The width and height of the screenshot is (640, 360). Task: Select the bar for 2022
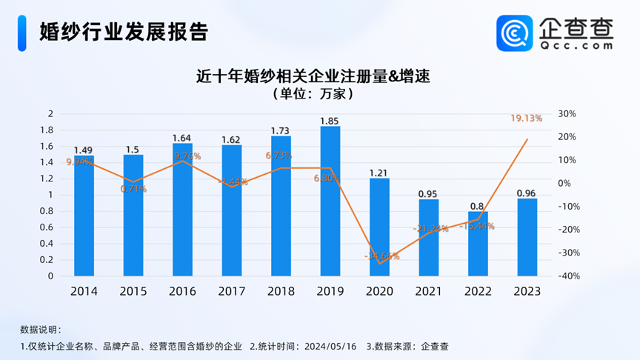click(x=478, y=244)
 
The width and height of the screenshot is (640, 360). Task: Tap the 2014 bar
click(x=84, y=216)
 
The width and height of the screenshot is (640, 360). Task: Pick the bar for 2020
click(x=379, y=227)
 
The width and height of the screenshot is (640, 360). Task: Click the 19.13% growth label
click(x=527, y=118)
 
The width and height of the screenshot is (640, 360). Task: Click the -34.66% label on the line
click(x=382, y=256)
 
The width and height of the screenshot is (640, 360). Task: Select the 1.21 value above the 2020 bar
click(x=379, y=173)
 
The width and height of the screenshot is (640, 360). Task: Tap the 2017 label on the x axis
click(x=232, y=291)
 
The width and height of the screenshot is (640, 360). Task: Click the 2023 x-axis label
click(x=527, y=291)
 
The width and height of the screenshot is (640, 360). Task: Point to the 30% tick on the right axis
click(x=567, y=113)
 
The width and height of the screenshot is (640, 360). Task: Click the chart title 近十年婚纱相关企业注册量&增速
click(x=313, y=76)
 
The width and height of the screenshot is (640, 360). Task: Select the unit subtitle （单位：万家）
click(x=313, y=94)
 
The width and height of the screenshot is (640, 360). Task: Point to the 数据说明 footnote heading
click(x=41, y=330)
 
